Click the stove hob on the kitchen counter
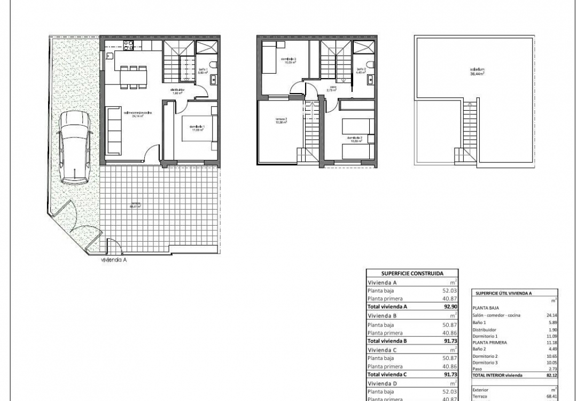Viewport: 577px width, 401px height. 128,45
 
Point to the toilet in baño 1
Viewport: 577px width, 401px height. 213,65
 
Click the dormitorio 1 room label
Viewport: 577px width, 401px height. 197,127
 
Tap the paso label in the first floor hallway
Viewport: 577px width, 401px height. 333,88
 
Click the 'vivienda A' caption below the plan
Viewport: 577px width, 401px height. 114,260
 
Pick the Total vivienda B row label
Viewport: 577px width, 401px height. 388,341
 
